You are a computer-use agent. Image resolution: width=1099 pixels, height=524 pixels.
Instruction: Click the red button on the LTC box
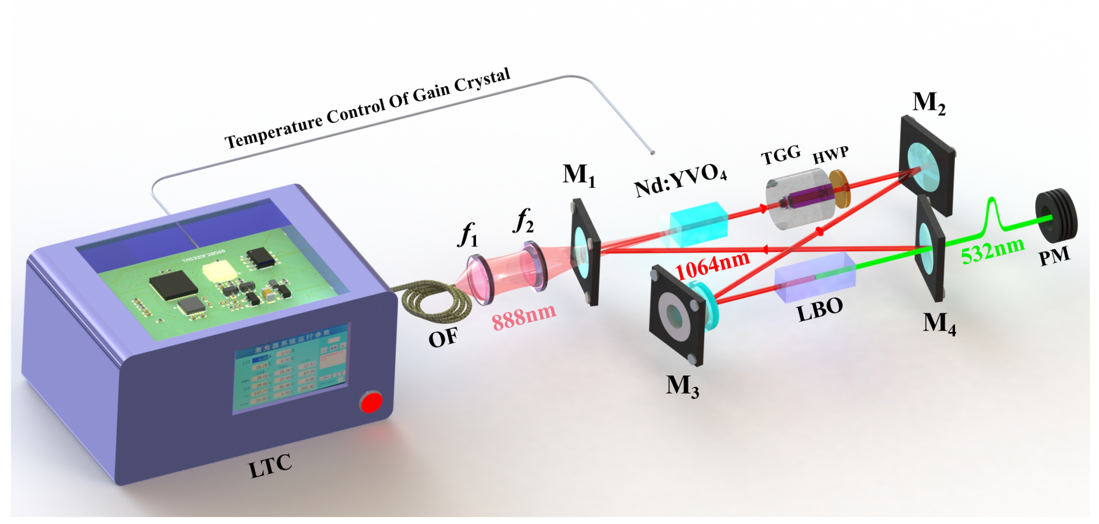click(371, 402)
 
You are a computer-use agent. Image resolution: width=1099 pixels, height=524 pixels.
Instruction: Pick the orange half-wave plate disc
click(840, 189)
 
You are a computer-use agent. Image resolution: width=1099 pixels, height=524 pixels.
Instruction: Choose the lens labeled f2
click(534, 266)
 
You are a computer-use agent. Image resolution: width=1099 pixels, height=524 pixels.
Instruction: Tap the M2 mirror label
click(929, 103)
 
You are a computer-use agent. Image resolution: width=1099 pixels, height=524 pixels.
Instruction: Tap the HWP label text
click(830, 155)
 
